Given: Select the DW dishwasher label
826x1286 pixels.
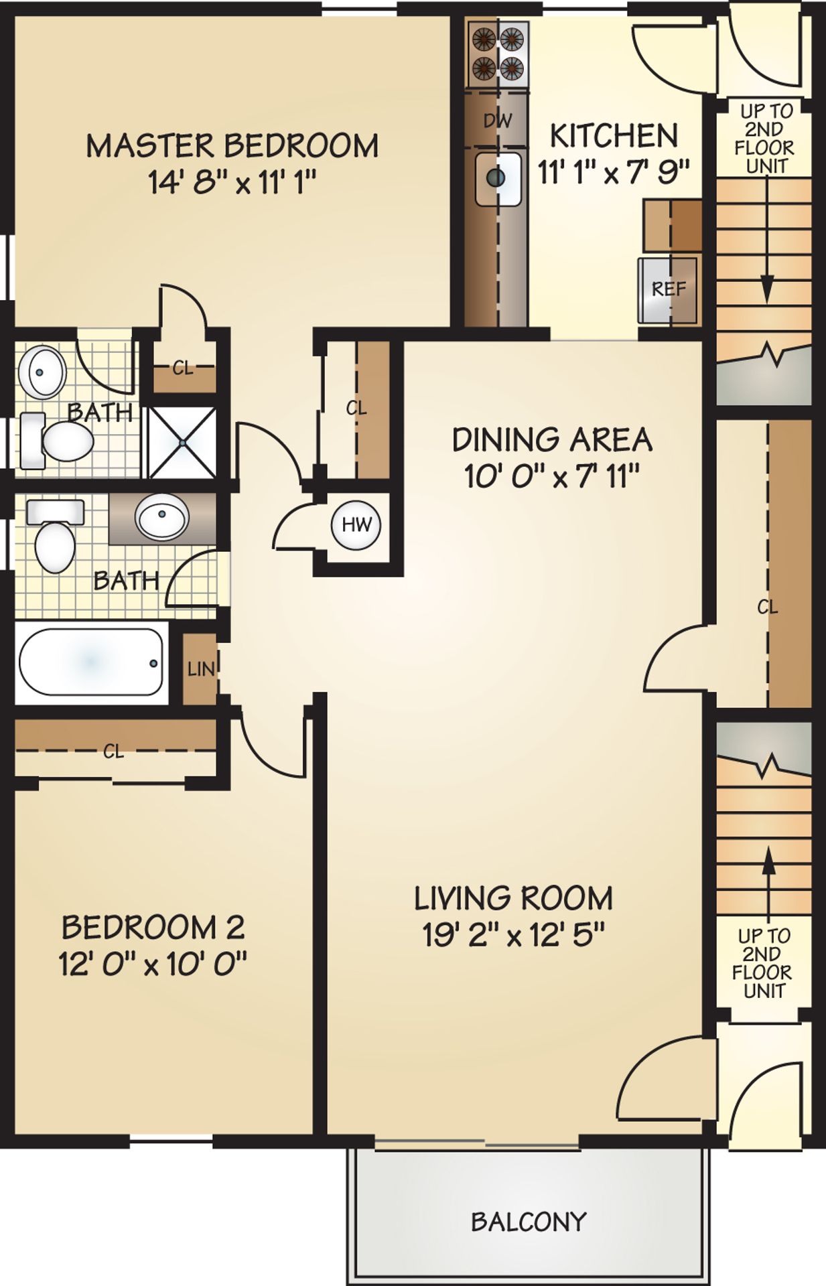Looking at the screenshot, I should [497, 121].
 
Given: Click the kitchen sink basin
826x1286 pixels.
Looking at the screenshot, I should [498, 178].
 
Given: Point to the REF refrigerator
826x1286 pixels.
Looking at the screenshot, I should [669, 289].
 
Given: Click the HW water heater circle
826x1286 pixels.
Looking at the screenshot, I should [356, 524].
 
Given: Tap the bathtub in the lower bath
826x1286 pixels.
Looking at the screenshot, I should [91, 662].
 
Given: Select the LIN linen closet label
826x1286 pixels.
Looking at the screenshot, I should [201, 668].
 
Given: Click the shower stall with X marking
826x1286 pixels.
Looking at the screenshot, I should [182, 442].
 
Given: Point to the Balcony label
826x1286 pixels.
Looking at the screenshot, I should [529, 1222].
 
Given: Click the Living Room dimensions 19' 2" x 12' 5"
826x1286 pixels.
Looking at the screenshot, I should [514, 935].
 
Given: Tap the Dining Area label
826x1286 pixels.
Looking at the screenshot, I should [552, 440].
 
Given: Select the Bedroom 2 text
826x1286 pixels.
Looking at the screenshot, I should [153, 928].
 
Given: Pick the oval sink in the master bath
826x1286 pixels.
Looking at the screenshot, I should [42, 371].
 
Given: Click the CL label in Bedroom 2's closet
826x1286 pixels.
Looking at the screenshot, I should [113, 752].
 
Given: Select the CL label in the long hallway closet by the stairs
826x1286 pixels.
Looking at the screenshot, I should [768, 607].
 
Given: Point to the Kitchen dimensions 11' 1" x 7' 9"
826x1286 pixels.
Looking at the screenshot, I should [614, 173].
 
